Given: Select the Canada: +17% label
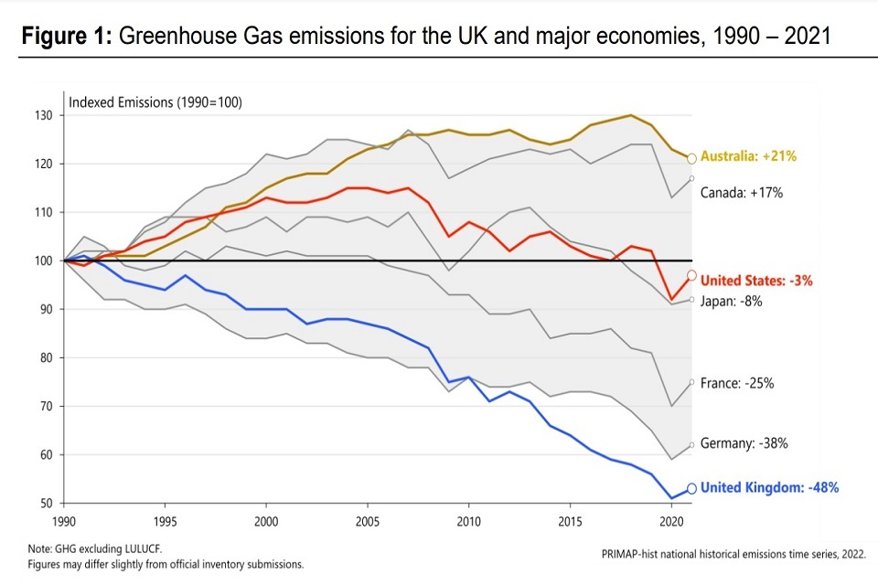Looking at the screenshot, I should (x=743, y=193).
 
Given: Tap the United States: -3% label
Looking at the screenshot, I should (x=755, y=281).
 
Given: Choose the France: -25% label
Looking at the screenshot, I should (x=737, y=384).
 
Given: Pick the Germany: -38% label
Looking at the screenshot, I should (x=744, y=443).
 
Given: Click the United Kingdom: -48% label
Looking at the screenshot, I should (x=769, y=488).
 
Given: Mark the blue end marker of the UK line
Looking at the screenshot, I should (x=692, y=488).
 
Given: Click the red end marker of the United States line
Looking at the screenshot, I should (x=692, y=275).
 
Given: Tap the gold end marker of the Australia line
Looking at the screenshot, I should (x=692, y=158).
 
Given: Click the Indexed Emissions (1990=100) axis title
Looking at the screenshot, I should (x=155, y=101).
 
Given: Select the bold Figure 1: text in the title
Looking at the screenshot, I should (x=66, y=37).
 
